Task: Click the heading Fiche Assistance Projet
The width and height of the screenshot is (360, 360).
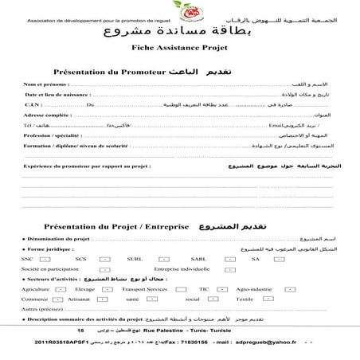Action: [180, 47]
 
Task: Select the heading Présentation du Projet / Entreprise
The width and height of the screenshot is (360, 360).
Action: [116, 226]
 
